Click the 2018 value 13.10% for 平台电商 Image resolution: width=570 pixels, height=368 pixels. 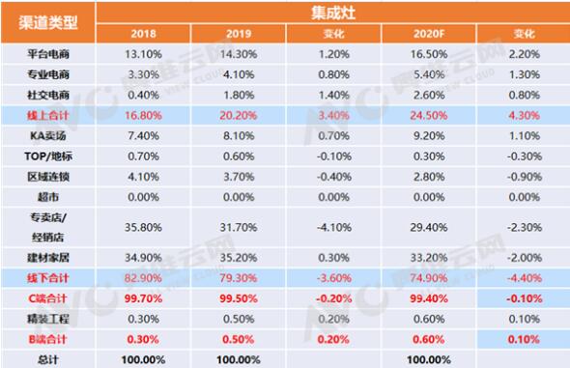point(147,55)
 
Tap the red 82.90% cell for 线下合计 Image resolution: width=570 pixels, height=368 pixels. point(147,279)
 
